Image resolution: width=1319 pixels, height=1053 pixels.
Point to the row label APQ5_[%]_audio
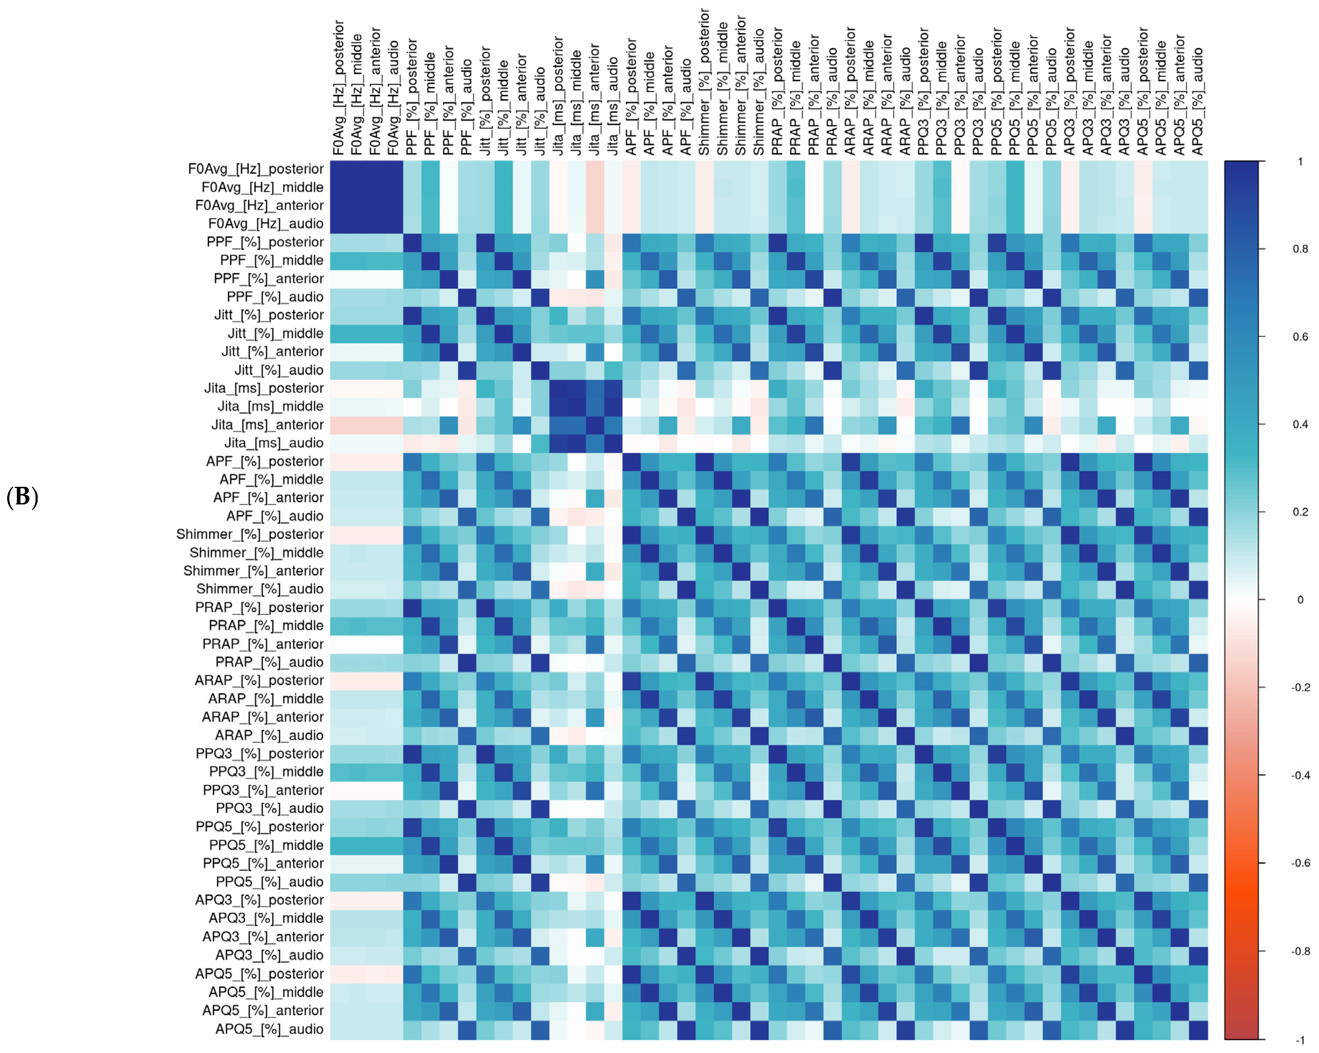point(269,1029)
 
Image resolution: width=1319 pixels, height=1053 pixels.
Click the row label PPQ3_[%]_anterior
point(263,790)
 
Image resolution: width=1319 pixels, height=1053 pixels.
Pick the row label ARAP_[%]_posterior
point(259,681)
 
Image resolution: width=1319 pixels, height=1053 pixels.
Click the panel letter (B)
point(23,497)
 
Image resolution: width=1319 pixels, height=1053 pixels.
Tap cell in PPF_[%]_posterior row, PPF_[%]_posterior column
point(412,242)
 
